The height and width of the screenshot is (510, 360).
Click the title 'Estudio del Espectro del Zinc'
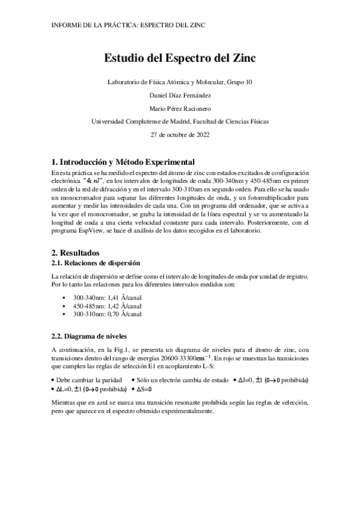pyautogui.click(x=180, y=59)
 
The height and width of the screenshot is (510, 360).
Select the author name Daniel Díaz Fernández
pyautogui.click(x=180, y=94)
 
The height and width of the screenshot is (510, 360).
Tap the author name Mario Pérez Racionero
pyautogui.click(x=180, y=108)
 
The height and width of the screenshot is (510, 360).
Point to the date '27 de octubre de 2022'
pyautogui.click(x=180, y=134)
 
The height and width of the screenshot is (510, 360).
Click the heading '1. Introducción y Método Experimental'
pyautogui.click(x=123, y=162)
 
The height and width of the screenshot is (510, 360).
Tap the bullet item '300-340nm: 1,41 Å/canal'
pyautogui.click(x=107, y=297)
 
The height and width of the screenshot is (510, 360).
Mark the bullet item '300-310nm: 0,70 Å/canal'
pyautogui.click(x=107, y=313)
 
